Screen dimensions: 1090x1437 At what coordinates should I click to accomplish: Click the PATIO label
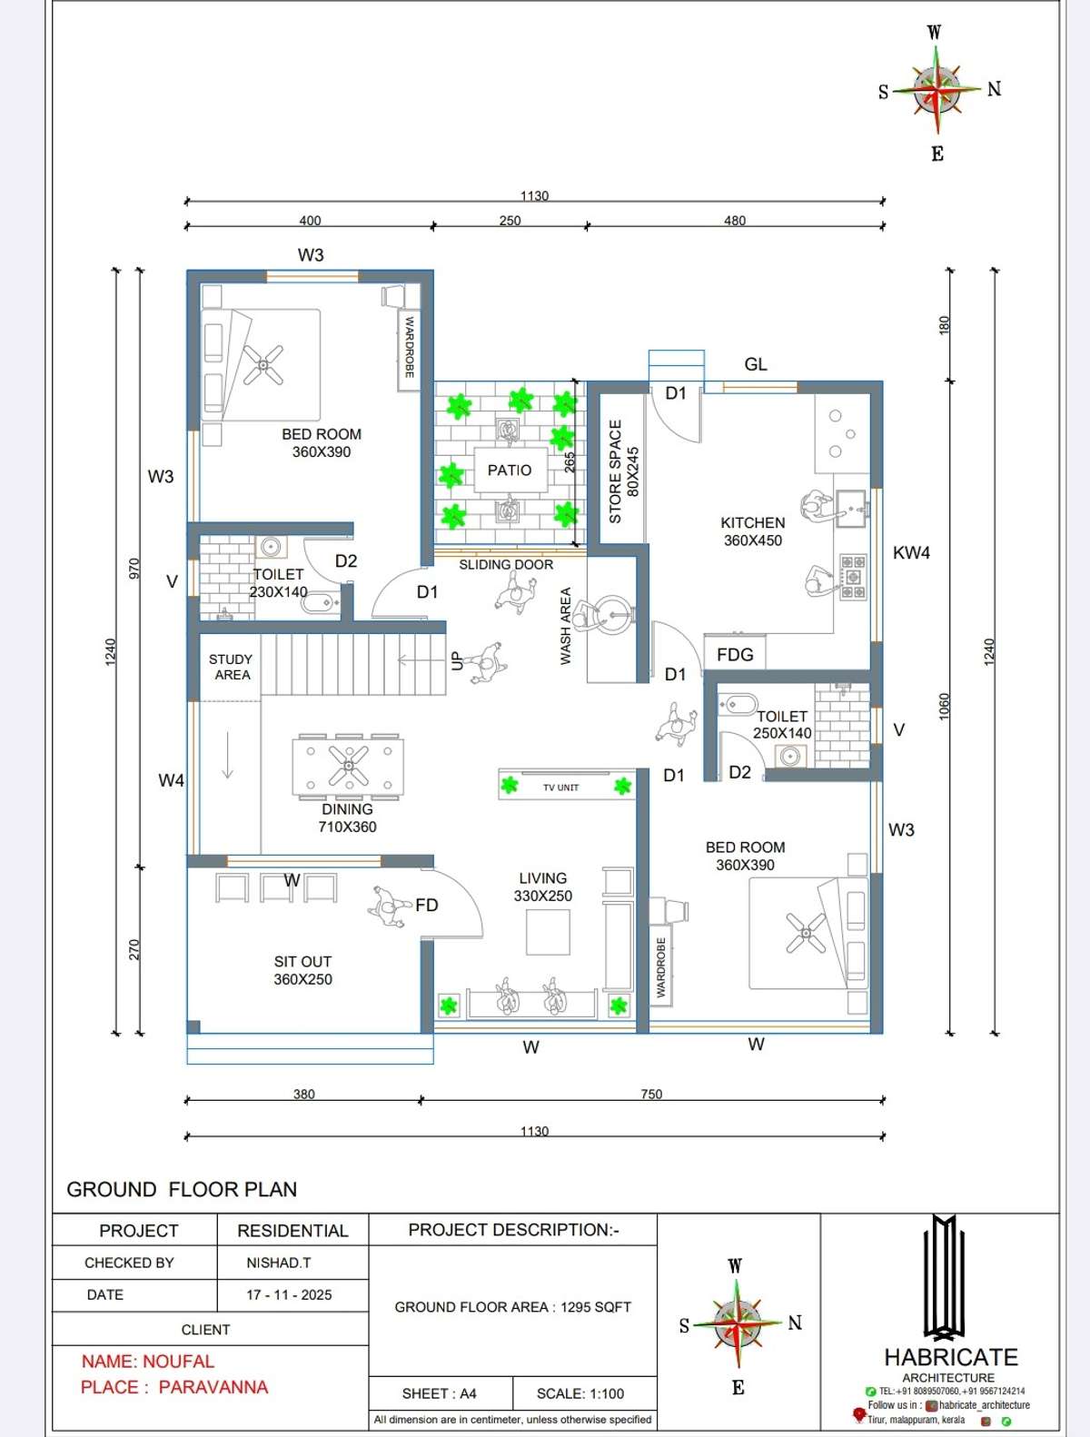(510, 470)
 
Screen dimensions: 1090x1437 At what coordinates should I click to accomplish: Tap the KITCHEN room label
(752, 522)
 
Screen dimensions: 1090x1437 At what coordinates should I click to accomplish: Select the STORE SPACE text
(615, 471)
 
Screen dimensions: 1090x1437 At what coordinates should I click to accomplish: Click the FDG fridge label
(735, 655)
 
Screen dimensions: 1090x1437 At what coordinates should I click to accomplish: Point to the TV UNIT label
(561, 788)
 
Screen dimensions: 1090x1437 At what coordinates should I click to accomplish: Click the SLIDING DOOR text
(506, 564)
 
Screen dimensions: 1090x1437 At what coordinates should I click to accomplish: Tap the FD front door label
(426, 906)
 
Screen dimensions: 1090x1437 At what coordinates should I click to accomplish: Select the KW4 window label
(911, 553)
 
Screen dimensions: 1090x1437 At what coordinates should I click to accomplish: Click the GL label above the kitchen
(756, 364)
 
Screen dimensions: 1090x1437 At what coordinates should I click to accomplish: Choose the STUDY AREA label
(231, 667)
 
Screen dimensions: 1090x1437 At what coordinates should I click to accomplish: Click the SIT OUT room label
(302, 962)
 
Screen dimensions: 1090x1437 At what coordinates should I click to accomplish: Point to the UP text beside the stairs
(457, 661)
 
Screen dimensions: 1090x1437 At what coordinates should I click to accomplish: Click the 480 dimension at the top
(735, 221)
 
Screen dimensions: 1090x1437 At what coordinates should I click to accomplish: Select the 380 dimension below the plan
(303, 1094)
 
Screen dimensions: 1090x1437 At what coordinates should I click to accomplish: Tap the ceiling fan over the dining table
(348, 766)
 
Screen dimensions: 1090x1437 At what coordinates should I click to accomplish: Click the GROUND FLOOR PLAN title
(182, 1190)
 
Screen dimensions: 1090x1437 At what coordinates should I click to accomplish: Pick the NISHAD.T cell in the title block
(279, 1263)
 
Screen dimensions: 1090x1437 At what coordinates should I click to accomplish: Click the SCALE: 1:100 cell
(580, 1393)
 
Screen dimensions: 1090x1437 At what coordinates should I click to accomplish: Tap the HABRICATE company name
(950, 1357)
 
